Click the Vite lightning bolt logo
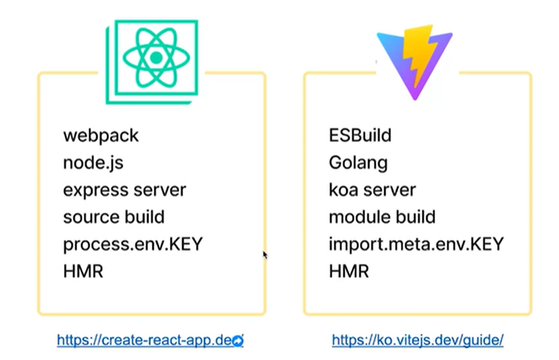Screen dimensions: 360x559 click(414, 60)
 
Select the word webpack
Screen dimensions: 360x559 click(101, 135)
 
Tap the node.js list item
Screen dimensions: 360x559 click(93, 163)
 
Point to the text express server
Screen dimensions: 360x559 click(124, 190)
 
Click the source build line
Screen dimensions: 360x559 click(113, 217)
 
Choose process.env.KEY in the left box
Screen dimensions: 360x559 click(132, 244)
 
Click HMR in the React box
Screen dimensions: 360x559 click(83, 272)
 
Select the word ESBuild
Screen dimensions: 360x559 click(360, 135)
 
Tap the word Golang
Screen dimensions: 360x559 click(358, 163)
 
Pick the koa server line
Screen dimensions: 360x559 click(372, 190)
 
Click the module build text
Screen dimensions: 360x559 click(382, 217)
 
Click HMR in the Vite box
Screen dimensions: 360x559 click(348, 272)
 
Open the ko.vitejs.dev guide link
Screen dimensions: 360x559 click(418, 340)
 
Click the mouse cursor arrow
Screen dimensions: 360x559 click(265, 255)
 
